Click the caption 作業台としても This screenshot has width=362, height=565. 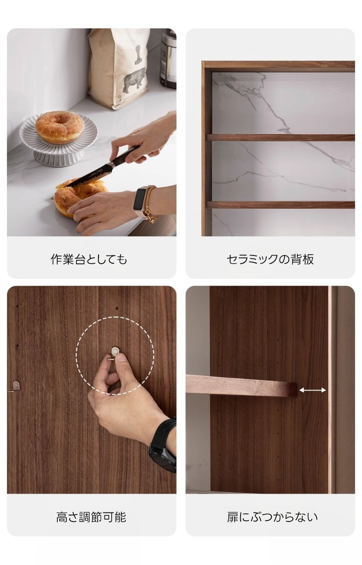click(88, 259)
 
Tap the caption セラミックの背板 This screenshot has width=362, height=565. click(270, 259)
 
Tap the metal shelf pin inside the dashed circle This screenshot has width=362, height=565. click(115, 351)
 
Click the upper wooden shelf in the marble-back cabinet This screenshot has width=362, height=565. click(281, 137)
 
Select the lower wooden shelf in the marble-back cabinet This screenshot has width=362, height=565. click(281, 205)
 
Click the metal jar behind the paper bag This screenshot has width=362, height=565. click(168, 59)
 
